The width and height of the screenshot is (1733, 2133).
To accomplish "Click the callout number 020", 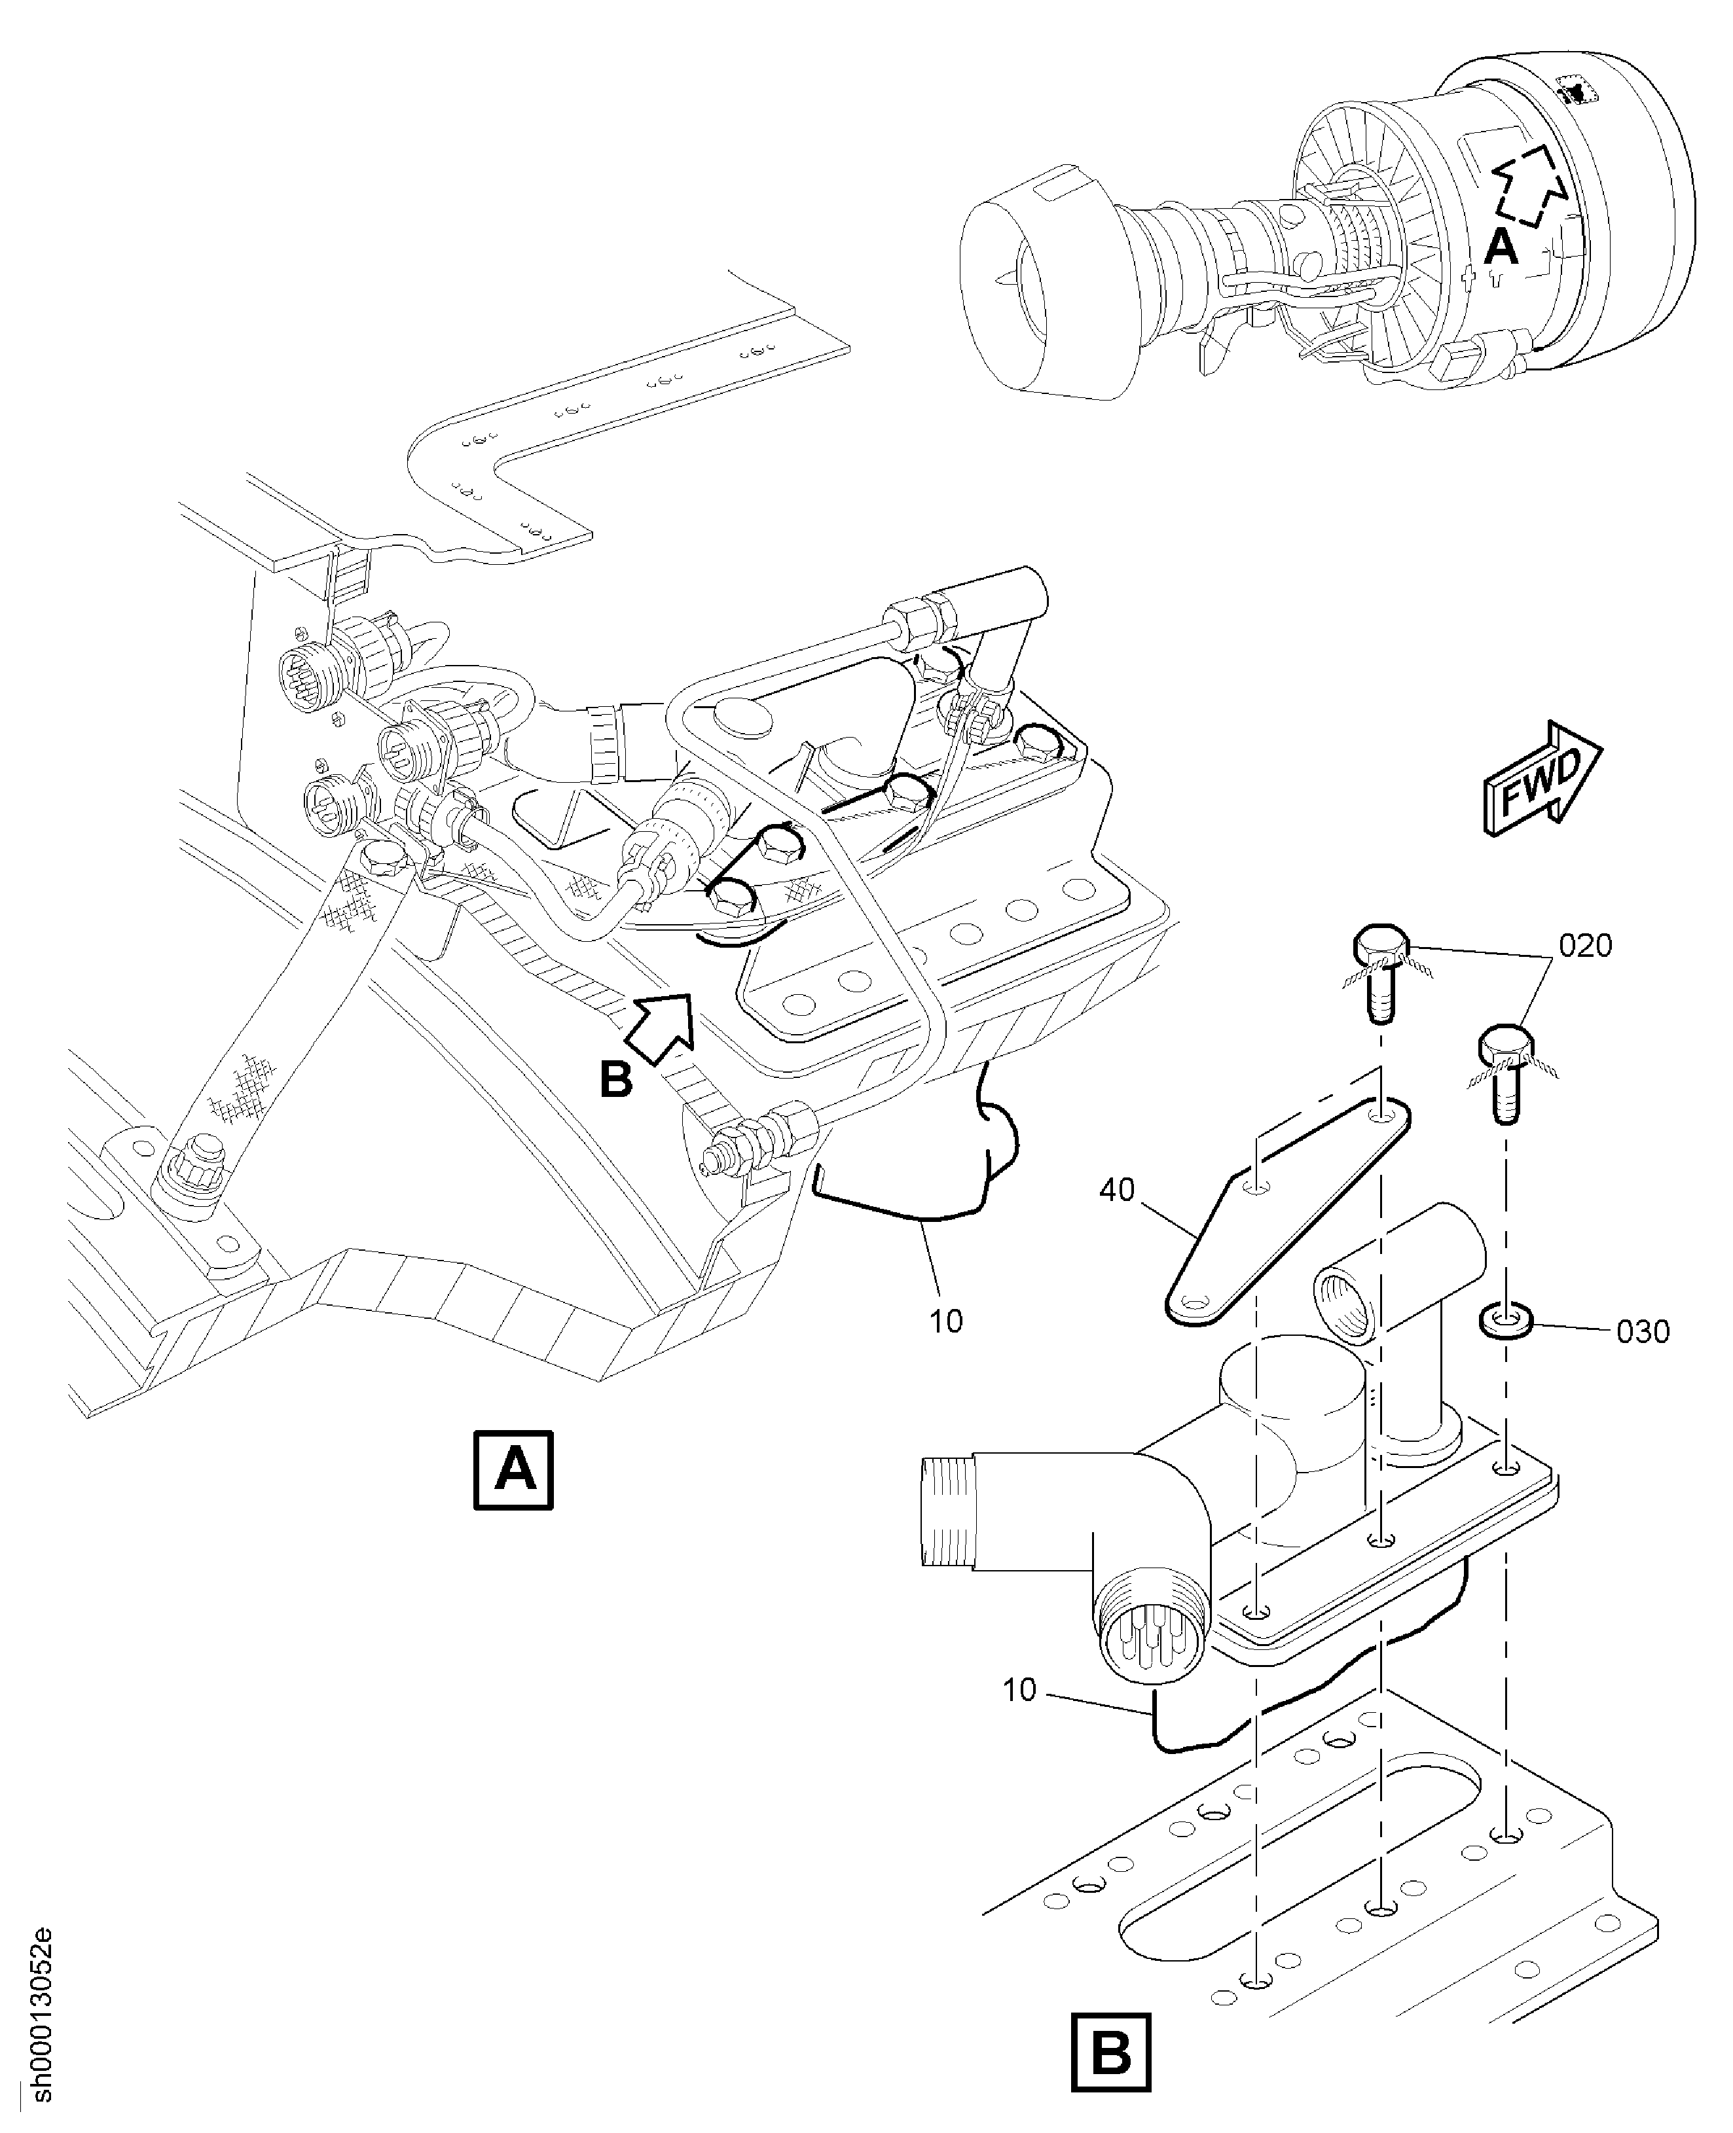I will (1585, 945).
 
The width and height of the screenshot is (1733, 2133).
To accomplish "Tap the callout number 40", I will (1117, 1190).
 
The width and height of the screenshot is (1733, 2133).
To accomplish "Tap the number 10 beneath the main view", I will (945, 1321).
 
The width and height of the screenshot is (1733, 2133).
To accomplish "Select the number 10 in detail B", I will (1019, 1690).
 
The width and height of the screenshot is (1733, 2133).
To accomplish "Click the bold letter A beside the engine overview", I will (1501, 247).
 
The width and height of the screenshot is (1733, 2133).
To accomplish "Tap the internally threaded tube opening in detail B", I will (1343, 1306).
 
